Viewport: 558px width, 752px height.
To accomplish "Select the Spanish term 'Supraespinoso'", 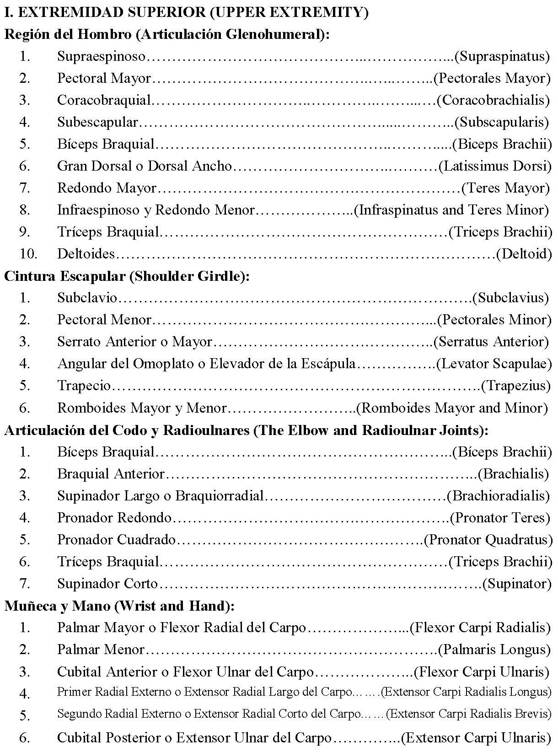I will pyautogui.click(x=101, y=56).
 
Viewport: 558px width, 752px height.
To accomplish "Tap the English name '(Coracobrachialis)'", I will pyautogui.click(x=493, y=100).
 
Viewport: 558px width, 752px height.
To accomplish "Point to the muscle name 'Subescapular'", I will pyautogui.click(x=97, y=122).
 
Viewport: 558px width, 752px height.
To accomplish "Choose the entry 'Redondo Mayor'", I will pyautogui.click(x=107, y=188).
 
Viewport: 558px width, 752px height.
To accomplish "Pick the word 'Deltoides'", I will pyautogui.click(x=86, y=253).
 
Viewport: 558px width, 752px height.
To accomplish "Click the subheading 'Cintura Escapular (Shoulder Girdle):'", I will pyautogui.click(x=127, y=276).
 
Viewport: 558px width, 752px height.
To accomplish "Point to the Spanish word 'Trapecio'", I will pyautogui.click(x=84, y=386).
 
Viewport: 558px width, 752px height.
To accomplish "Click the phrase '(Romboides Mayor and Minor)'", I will pyautogui.click(x=452, y=408).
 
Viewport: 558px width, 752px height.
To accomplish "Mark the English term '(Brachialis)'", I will pyautogui.click(x=513, y=474).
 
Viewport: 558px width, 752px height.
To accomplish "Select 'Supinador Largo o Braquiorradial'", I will pyautogui.click(x=161, y=496).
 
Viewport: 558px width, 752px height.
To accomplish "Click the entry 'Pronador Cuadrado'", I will pyautogui.click(x=116, y=540).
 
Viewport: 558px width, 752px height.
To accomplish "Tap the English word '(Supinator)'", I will pyautogui.click(x=517, y=584).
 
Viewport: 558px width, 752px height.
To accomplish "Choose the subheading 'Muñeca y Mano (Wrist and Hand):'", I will pyautogui.click(x=119, y=606).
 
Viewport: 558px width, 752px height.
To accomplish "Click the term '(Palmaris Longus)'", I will pyautogui.click(x=494, y=650).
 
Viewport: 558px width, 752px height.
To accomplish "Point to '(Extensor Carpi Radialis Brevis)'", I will pyautogui.click(x=468, y=714).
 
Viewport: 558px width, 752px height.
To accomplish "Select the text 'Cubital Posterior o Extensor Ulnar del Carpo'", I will pyautogui.click(x=194, y=738).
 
